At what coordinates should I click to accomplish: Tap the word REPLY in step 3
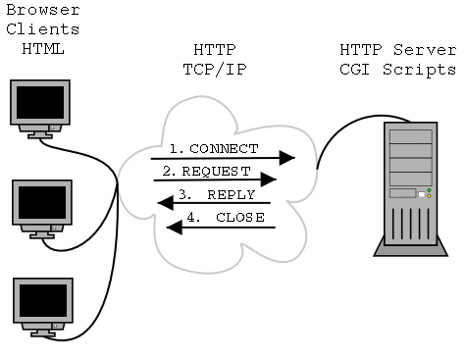point(231,194)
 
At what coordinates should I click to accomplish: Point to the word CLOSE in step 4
point(239,217)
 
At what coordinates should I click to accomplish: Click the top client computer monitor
point(38,111)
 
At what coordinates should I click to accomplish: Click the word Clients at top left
point(42,31)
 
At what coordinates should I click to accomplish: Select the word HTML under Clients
point(42,49)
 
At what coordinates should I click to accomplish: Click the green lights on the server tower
point(429,194)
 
